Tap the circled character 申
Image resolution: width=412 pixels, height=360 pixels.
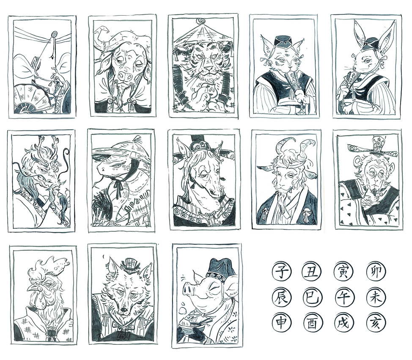pos(280,322)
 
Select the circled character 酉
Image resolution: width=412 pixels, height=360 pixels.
pos(311,322)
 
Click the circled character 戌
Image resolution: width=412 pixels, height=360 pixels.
pos(342,322)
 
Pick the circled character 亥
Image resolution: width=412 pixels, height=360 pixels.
pos(375,322)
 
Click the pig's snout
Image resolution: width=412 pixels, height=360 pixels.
pos(188,289)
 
